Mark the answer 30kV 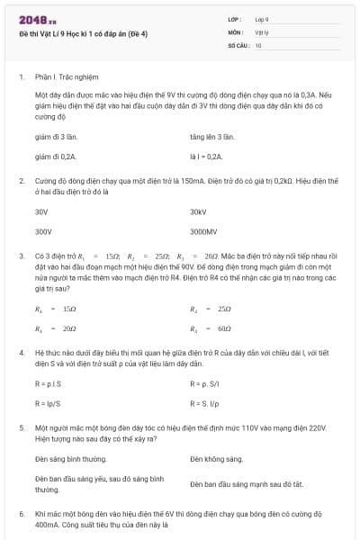coord(199,211)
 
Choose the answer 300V coord(43,231)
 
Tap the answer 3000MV coord(204,231)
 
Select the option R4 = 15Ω coord(56,309)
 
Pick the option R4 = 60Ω coord(212,328)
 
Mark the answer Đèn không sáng coord(217,459)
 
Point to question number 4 coord(21,354)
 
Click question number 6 coord(21,512)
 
